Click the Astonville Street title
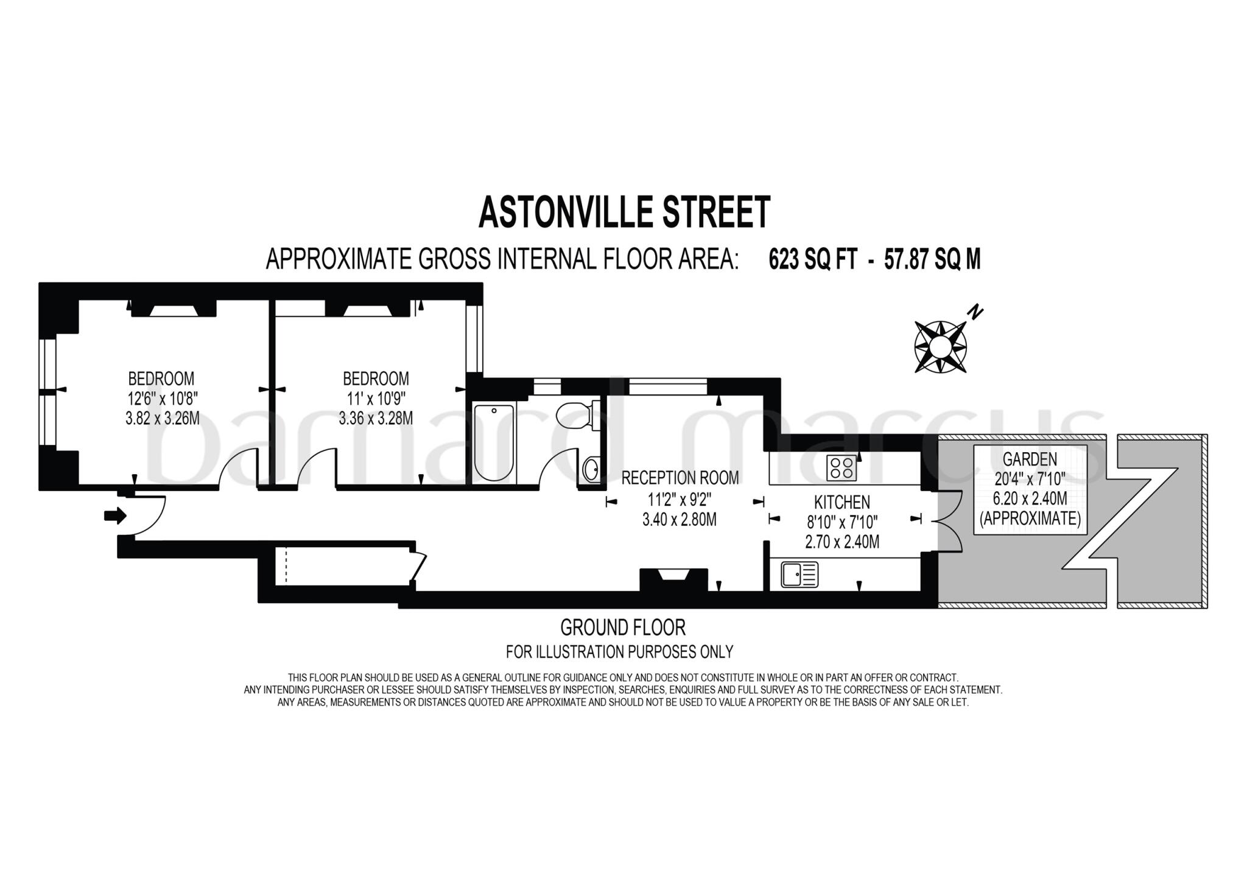(624, 212)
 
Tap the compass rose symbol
(940, 346)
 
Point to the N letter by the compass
(975, 313)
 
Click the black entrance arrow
(115, 516)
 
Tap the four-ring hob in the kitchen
(841, 467)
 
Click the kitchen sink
(799, 574)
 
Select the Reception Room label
(680, 478)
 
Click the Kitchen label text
(842, 502)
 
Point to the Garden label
(1030, 459)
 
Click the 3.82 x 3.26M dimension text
(162, 419)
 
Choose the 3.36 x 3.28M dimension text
(376, 419)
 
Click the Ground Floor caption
(622, 627)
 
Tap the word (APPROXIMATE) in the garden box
(1030, 519)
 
